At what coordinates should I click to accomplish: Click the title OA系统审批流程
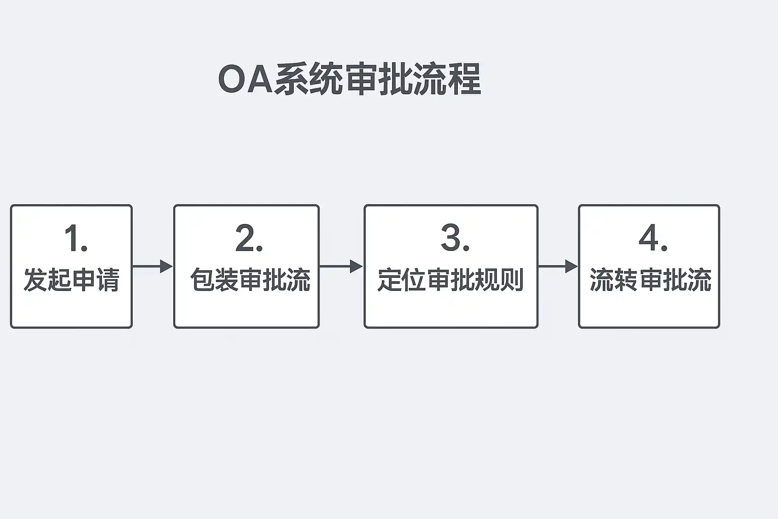pyautogui.click(x=349, y=80)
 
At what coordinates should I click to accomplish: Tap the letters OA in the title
pyautogui.click(x=245, y=80)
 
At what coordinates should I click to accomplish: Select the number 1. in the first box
pyautogui.click(x=76, y=238)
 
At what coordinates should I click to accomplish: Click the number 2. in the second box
pyautogui.click(x=249, y=238)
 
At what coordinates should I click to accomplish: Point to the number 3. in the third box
pyautogui.click(x=455, y=238)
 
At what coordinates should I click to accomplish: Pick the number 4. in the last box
pyautogui.click(x=653, y=238)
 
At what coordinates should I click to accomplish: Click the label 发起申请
pyautogui.click(x=71, y=280)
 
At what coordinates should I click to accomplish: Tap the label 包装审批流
pyautogui.click(x=250, y=280)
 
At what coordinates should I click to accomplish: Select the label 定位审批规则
pyautogui.click(x=450, y=280)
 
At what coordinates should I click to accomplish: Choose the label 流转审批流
pyautogui.click(x=650, y=280)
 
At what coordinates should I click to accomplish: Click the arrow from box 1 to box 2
pyautogui.click(x=152, y=266)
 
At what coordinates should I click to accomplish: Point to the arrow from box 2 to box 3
pyautogui.click(x=341, y=266)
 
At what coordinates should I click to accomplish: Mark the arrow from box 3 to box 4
pyautogui.click(x=558, y=266)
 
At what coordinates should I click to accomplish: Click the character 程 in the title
pyautogui.click(x=465, y=80)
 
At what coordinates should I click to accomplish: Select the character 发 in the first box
pyautogui.click(x=35, y=280)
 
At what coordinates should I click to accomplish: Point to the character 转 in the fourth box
pyautogui.click(x=626, y=280)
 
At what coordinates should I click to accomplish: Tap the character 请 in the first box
pyautogui.click(x=108, y=280)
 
